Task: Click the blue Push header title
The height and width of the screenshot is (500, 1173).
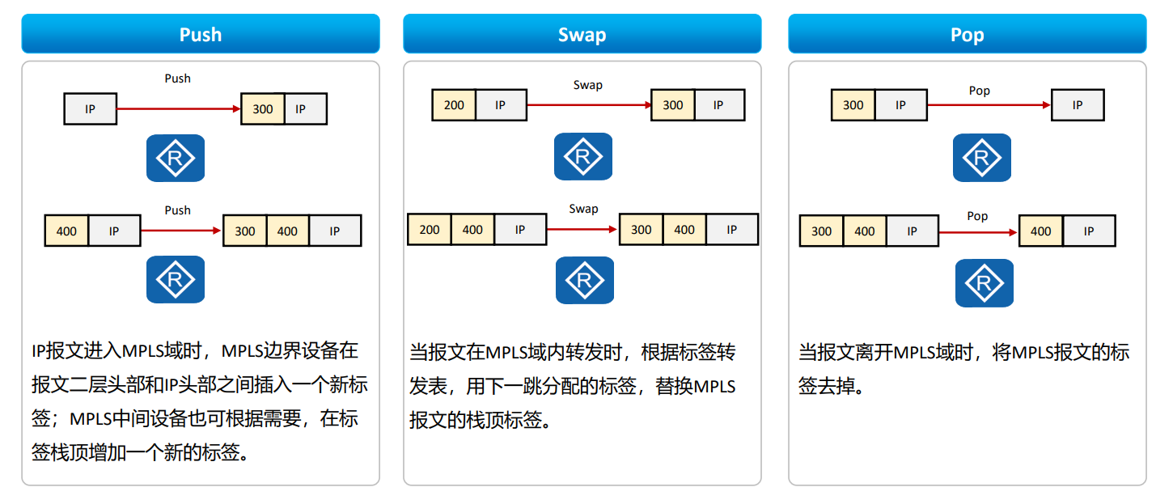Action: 200,35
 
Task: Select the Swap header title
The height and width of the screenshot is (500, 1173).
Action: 582,35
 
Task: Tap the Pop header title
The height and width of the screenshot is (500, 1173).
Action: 967,35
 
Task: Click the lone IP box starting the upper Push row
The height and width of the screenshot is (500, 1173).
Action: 90,108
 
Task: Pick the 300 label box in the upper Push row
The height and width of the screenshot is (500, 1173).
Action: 263,108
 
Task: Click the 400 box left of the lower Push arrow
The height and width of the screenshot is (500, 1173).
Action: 66,231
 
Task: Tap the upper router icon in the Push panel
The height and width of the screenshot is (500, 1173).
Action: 176,158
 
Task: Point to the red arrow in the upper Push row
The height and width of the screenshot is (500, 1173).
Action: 179,108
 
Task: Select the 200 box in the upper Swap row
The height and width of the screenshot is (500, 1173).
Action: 454,105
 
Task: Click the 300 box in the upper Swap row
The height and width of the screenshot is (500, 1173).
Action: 672,105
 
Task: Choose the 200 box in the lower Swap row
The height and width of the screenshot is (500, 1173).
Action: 429,230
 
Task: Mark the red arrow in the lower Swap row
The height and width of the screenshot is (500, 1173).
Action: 582,230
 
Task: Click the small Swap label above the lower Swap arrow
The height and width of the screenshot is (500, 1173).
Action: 583,209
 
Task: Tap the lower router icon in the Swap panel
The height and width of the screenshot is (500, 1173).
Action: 584,280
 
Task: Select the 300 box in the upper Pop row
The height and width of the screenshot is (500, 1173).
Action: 853,105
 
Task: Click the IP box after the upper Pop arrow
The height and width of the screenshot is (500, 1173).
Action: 1077,105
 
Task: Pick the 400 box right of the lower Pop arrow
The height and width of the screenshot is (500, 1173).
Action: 1040,231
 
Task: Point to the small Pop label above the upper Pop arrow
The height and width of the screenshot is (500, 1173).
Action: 979,91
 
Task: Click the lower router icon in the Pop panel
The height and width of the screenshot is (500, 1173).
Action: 984,283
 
